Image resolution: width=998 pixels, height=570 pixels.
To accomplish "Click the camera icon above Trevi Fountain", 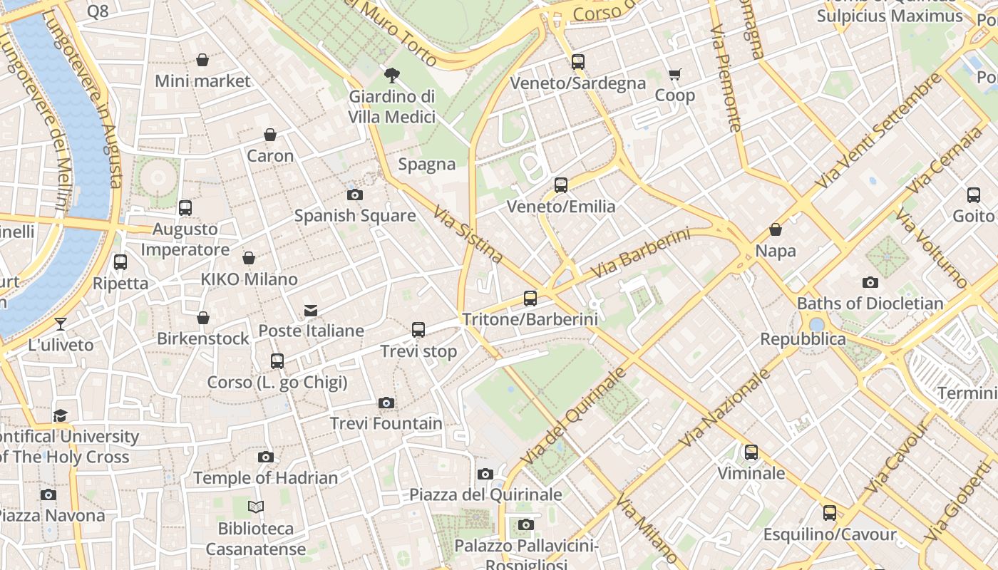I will (x=386, y=403).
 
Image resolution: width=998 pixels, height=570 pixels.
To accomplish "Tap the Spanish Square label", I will (x=355, y=215).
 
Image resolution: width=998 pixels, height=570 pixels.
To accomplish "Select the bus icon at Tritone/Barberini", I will (x=530, y=299).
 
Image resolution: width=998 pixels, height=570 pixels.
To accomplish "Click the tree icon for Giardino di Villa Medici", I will (x=391, y=75).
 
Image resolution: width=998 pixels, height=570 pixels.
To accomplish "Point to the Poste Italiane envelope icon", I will (x=311, y=310).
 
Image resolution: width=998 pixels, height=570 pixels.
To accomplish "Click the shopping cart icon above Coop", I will (x=674, y=74).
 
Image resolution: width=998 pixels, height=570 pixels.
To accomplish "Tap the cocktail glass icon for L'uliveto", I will (x=61, y=324).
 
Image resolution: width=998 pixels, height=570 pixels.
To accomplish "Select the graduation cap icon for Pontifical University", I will (x=61, y=415).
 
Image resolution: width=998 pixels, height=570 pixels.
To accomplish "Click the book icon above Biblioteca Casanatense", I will (x=256, y=507).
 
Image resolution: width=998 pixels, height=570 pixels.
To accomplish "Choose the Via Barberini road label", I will (x=641, y=254).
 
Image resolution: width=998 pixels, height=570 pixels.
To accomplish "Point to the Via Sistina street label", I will (x=468, y=234).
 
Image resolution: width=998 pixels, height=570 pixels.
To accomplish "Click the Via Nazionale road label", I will (x=725, y=408).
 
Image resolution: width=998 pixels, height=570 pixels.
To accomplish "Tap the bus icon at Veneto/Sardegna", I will (x=577, y=62).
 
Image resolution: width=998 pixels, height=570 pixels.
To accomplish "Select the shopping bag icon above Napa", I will (x=776, y=229).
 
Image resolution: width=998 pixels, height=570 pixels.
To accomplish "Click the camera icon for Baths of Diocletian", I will (x=870, y=282).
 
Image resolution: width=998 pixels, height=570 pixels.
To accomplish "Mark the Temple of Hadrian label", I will (x=265, y=477).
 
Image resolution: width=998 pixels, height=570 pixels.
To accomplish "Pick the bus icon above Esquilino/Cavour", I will (x=829, y=513).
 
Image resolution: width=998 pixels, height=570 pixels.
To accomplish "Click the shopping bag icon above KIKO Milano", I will (x=249, y=258).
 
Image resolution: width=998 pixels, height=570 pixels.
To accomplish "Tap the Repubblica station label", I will (x=803, y=338).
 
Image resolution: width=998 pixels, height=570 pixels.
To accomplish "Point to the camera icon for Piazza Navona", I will (x=48, y=494).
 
